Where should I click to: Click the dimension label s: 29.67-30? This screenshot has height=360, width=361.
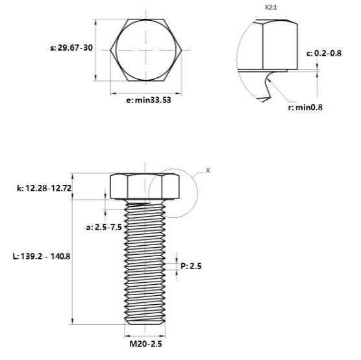71,48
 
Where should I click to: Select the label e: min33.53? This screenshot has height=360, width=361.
148,100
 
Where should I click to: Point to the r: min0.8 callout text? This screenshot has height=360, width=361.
305,106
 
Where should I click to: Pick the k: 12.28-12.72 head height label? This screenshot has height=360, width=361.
43,188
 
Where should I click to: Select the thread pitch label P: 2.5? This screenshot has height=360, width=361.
192,265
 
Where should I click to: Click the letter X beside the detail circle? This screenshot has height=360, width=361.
208,170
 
